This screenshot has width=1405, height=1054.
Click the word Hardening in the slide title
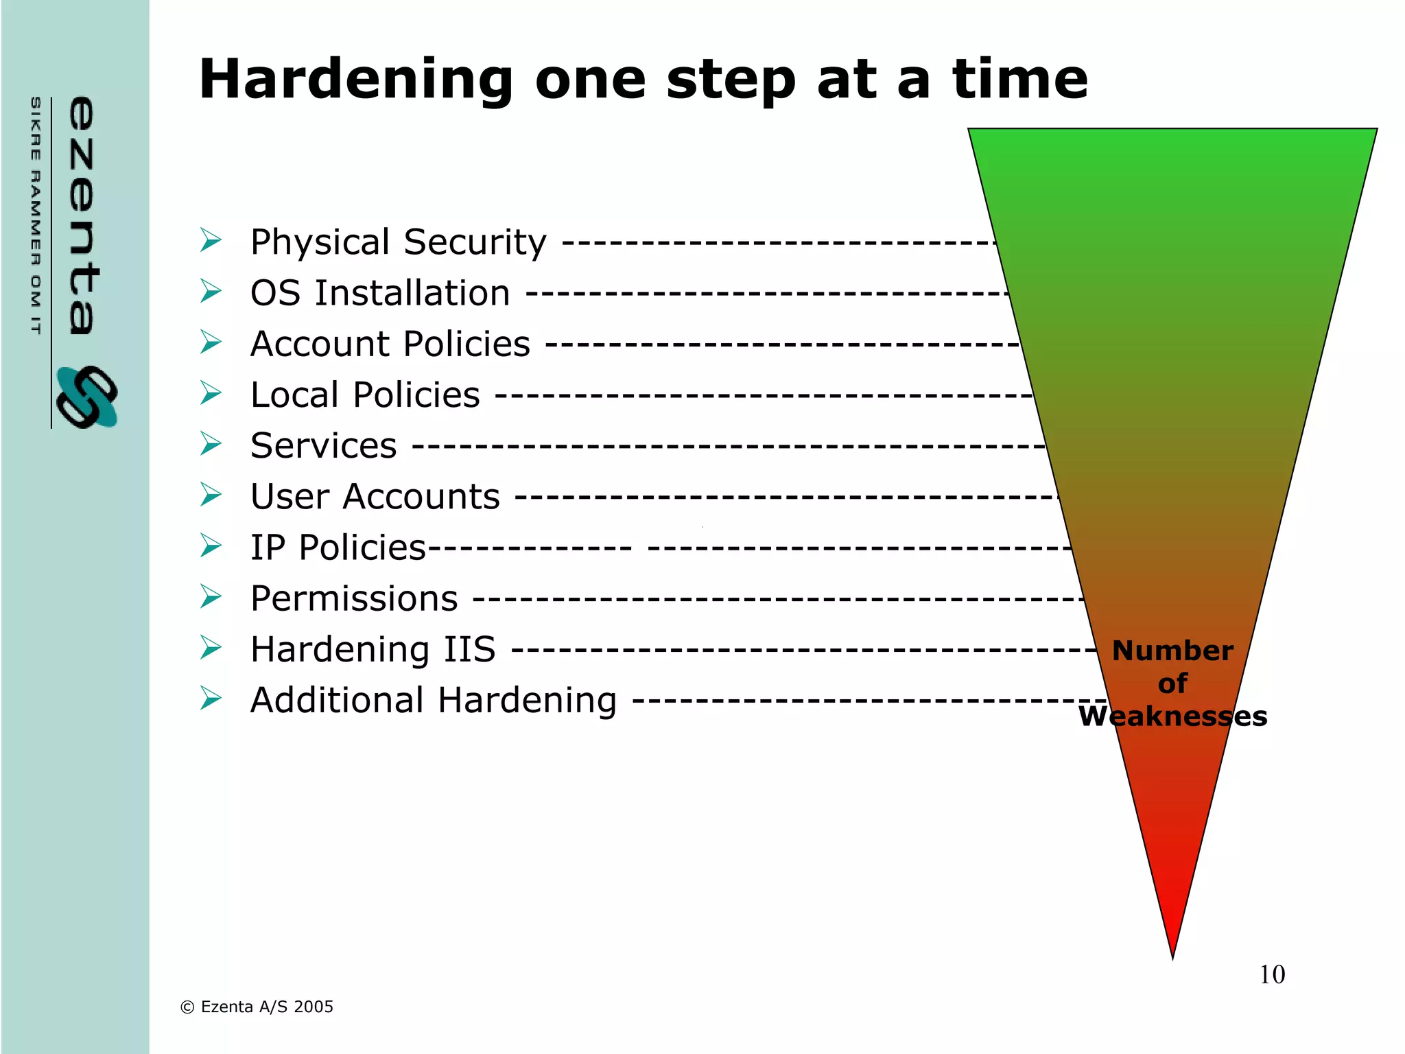pyautogui.click(x=356, y=80)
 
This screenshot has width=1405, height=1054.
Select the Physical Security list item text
pyautogui.click(x=398, y=242)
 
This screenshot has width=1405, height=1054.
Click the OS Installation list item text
pyautogui.click(x=380, y=293)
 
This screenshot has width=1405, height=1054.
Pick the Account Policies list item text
pyautogui.click(x=390, y=344)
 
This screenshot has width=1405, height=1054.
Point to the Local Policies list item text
pyautogui.click(x=365, y=395)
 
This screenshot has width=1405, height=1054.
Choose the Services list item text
pyautogui.click(x=323, y=445)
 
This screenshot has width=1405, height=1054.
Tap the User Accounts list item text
pyautogui.click(x=375, y=496)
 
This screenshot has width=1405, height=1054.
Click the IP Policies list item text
pyautogui.click(x=338, y=548)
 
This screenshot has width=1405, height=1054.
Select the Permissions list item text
pyautogui.click(x=354, y=598)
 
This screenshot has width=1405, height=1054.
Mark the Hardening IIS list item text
pyautogui.click(x=373, y=649)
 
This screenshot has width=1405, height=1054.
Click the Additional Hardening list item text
pyautogui.click(x=433, y=701)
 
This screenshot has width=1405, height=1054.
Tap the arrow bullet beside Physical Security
pyautogui.click(x=211, y=240)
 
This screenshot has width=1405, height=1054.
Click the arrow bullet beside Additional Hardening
pyautogui.click(x=211, y=699)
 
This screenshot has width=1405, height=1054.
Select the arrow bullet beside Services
pyautogui.click(x=211, y=444)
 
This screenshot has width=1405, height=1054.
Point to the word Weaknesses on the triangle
pyautogui.click(x=1172, y=716)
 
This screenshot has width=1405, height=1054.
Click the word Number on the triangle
pyautogui.click(x=1172, y=651)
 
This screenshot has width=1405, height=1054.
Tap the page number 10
pyautogui.click(x=1272, y=974)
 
